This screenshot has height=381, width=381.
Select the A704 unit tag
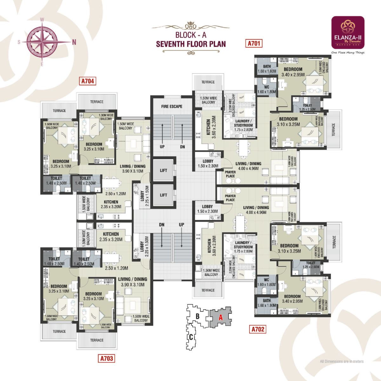(x=88, y=81)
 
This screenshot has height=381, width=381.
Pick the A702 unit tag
(x=257, y=329)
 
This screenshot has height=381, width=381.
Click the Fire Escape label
(x=171, y=106)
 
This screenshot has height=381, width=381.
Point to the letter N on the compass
(x=74, y=42)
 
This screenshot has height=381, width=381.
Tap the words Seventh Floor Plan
(x=190, y=44)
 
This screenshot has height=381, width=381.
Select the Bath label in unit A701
(x=267, y=66)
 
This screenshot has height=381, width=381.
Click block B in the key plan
(x=197, y=316)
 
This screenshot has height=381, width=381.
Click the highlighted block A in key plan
(x=220, y=317)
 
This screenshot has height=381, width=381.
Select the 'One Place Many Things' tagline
(x=348, y=53)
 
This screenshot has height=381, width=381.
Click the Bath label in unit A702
(x=267, y=301)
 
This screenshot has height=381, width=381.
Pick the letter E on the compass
(x=42, y=64)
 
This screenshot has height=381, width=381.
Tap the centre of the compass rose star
(x=42, y=42)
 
